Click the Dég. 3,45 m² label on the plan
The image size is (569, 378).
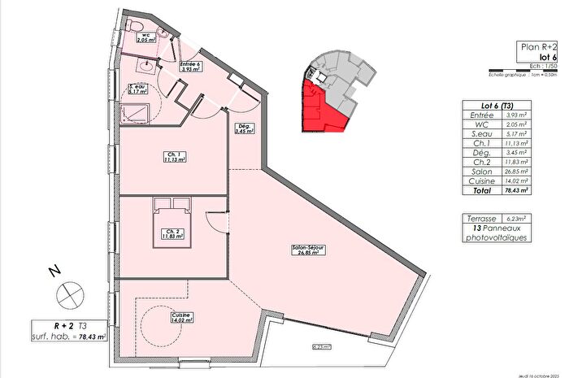point(242,128)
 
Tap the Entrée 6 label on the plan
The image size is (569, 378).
point(189,65)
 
